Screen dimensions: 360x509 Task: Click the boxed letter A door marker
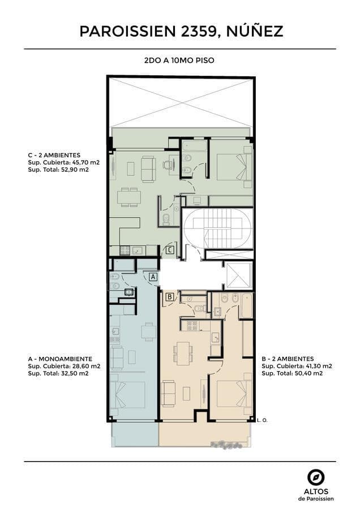[x=154, y=277]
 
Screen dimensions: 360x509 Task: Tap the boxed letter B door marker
[x=170, y=297]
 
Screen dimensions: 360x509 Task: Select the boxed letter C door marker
[x=170, y=250]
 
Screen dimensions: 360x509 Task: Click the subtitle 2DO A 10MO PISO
[x=179, y=61]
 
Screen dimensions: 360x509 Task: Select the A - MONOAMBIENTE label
[x=60, y=359]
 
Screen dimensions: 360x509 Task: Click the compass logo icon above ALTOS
[x=316, y=478]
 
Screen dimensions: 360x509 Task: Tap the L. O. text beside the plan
[x=262, y=420]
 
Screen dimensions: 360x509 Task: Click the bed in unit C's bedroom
[x=234, y=167]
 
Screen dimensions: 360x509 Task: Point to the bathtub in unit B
[x=247, y=306]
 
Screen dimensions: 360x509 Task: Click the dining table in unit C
[x=129, y=197]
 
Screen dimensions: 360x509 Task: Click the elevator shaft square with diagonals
[x=238, y=275]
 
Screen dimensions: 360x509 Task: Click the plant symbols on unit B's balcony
[x=226, y=445]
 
